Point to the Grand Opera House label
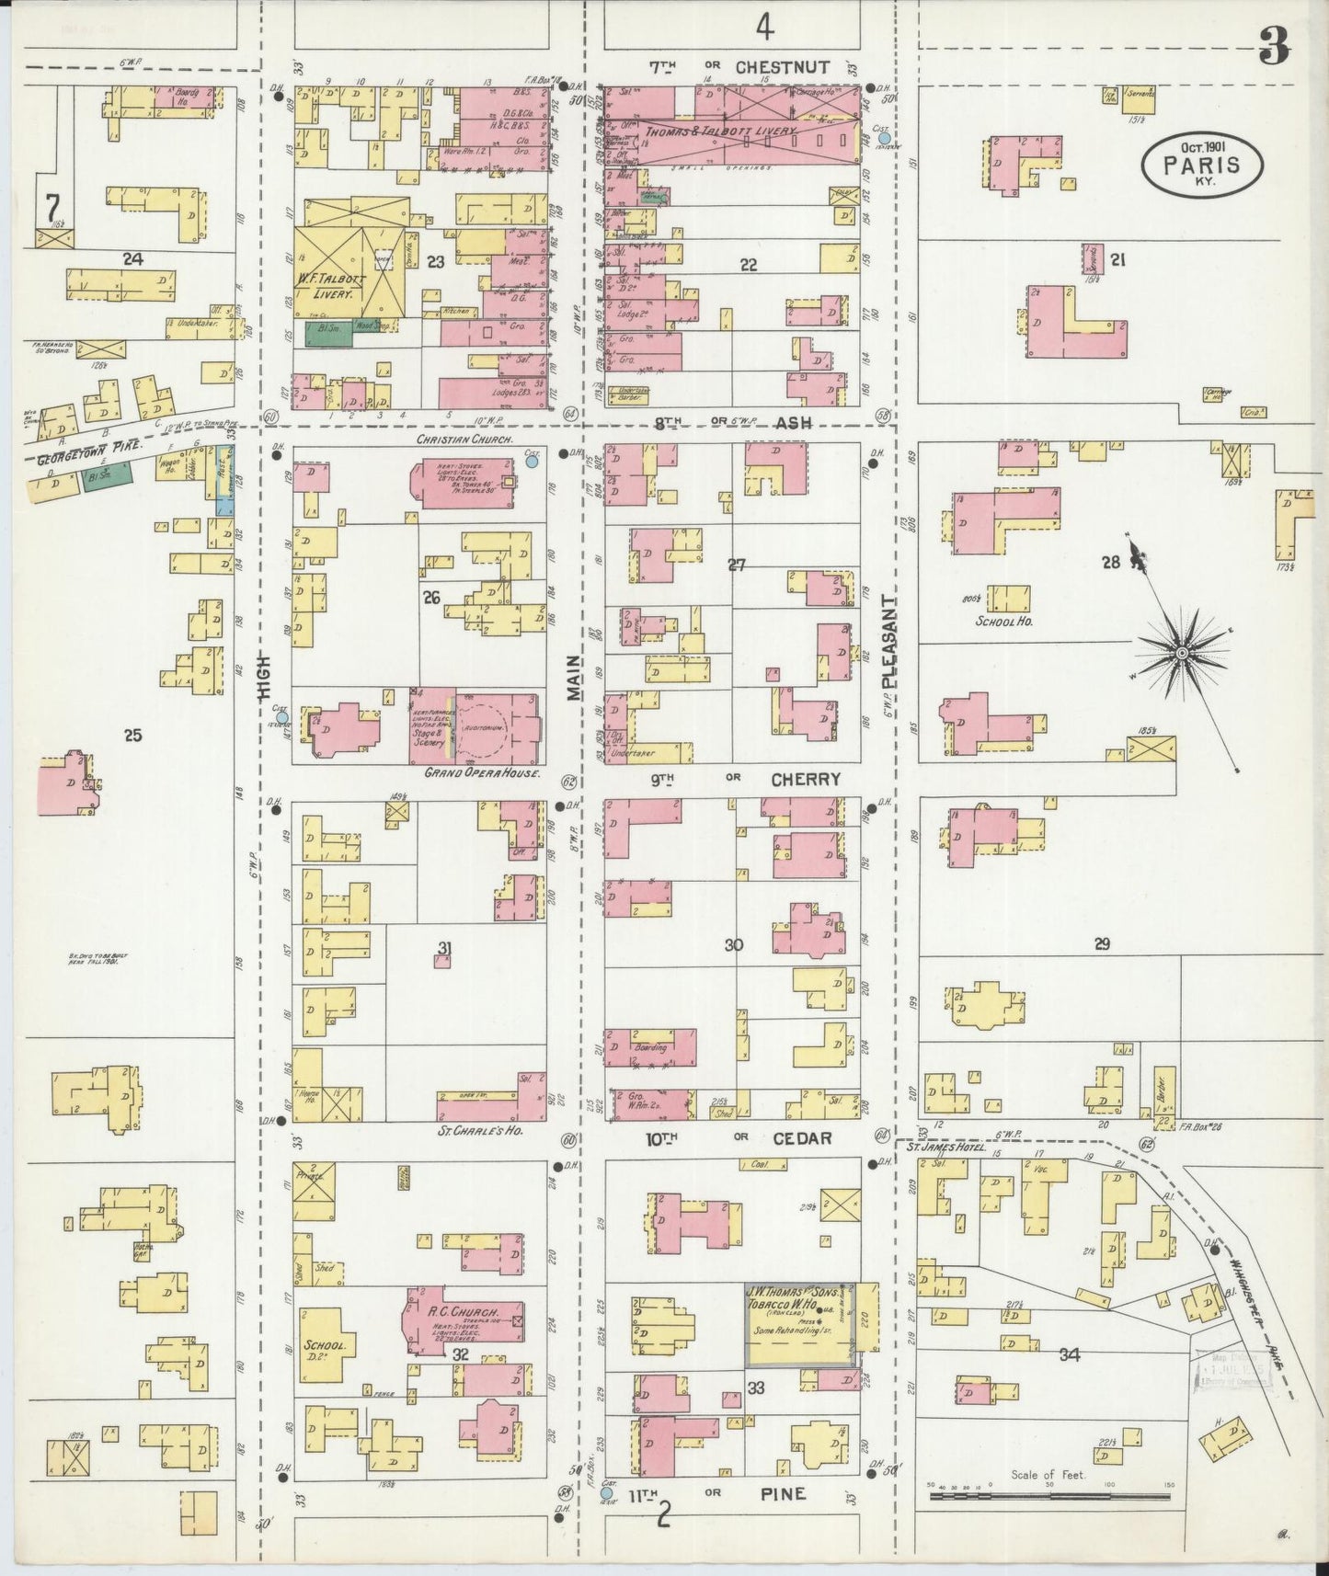[481, 773]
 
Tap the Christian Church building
[469, 482]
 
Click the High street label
[265, 676]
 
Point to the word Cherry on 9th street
[805, 779]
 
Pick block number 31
[444, 949]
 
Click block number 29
[1102, 943]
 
